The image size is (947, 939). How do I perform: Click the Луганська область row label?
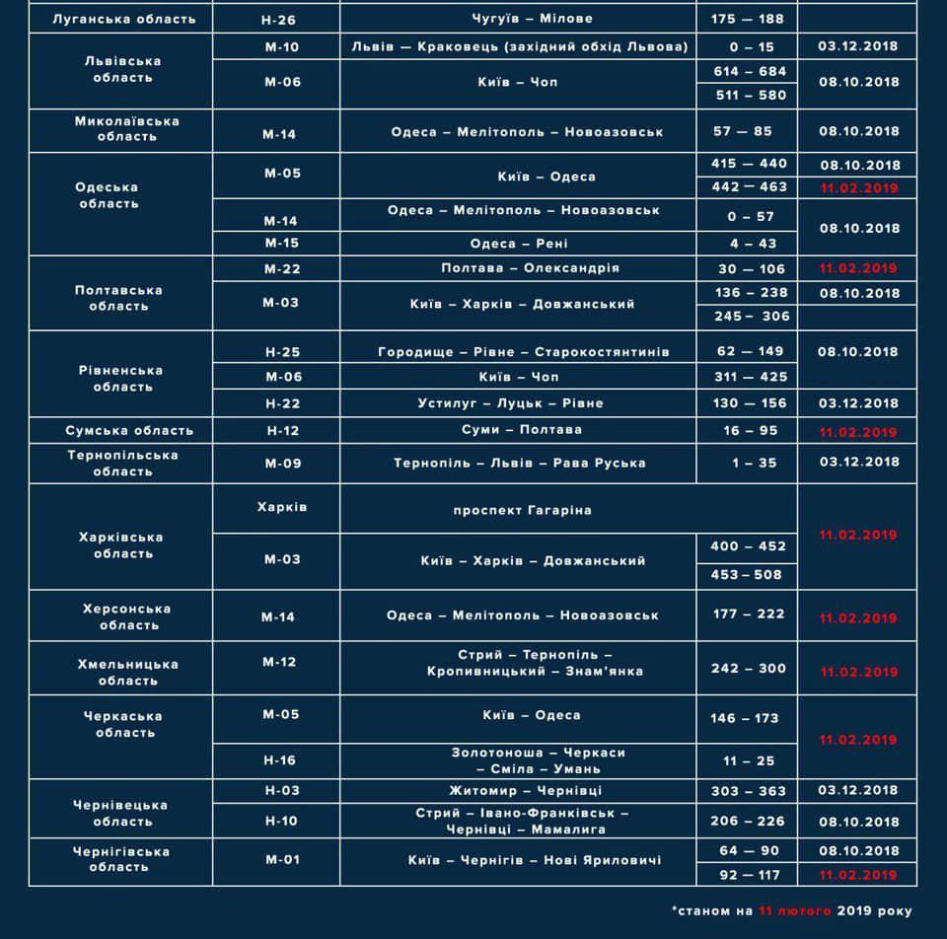tap(122, 19)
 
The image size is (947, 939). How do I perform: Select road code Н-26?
tap(280, 19)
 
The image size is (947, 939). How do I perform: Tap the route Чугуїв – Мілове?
tap(518, 19)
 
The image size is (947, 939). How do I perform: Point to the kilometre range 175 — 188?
tap(747, 19)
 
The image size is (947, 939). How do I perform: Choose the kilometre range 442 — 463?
tap(747, 186)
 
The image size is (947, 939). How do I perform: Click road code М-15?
tap(280, 244)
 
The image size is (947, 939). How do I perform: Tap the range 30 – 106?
tap(747, 268)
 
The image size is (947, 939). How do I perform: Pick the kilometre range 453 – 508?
tap(747, 574)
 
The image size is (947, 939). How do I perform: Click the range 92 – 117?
tap(747, 875)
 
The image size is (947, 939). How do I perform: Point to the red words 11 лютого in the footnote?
tap(796, 911)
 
